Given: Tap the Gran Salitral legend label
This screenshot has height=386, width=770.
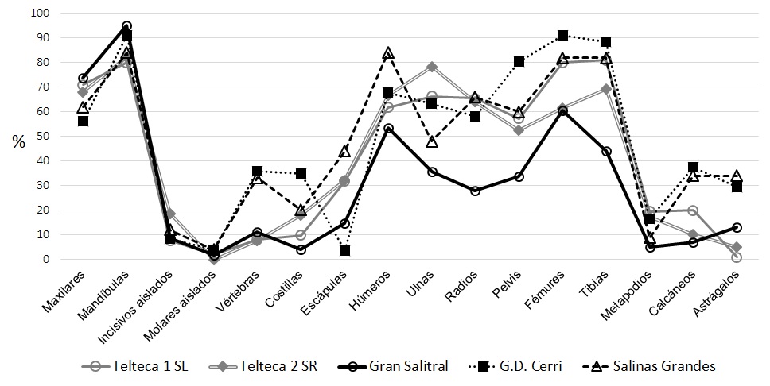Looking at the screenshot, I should (x=409, y=366).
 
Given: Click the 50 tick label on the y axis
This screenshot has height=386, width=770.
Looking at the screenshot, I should (x=41, y=137).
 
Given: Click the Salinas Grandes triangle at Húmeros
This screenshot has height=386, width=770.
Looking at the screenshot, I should (x=388, y=53).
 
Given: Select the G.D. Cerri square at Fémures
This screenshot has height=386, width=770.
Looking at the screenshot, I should (x=562, y=35).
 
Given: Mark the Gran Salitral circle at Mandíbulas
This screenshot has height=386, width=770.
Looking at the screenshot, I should (x=126, y=26).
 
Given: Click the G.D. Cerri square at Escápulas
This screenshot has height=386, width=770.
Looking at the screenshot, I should (x=344, y=251).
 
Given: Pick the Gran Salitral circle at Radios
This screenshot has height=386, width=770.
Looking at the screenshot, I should (x=475, y=191).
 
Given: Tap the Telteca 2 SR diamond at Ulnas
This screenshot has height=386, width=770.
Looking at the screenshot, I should (x=432, y=67).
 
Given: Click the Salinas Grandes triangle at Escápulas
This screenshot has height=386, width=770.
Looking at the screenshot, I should (x=344, y=152).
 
